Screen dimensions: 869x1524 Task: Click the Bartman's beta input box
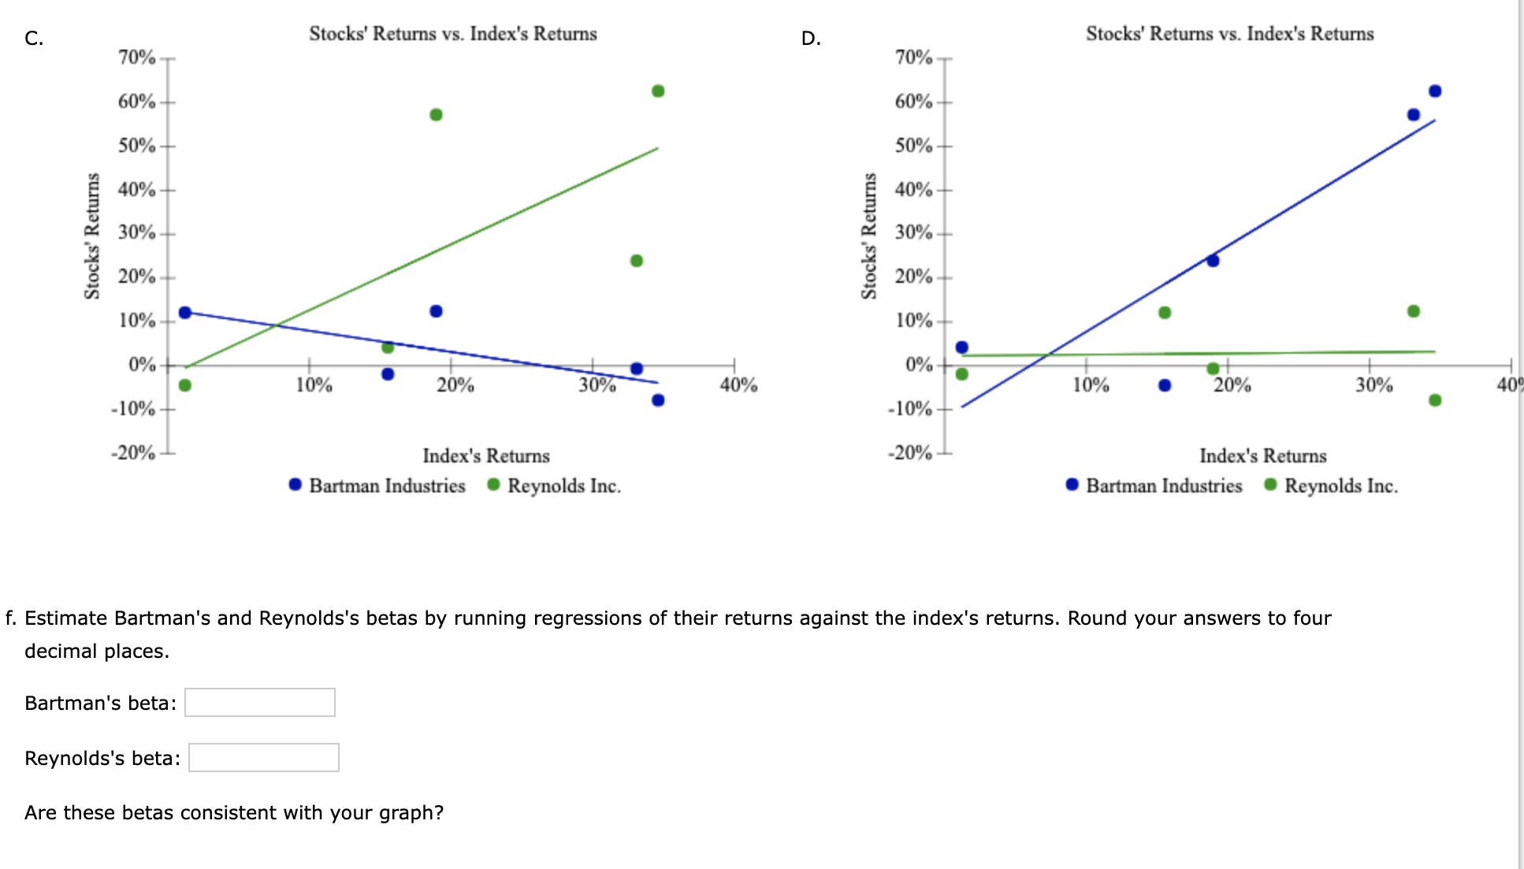coord(259,702)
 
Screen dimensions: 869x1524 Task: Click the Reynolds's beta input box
coord(263,757)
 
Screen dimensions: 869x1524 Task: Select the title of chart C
coord(452,34)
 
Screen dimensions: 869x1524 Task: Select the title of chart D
coord(1229,34)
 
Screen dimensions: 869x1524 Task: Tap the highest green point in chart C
coord(658,91)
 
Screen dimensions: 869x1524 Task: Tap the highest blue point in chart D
coord(1435,91)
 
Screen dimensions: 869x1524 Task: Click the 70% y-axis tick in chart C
coord(137,58)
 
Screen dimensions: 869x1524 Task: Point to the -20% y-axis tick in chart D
coord(910,453)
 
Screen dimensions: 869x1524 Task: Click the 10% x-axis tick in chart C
coord(314,385)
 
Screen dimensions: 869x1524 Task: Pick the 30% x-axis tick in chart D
coord(1373,385)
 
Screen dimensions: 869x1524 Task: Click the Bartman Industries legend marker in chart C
coord(296,485)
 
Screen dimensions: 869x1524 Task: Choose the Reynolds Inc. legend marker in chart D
coord(1270,485)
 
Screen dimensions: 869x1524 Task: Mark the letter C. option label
coord(34,39)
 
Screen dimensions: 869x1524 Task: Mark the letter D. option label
coord(811,39)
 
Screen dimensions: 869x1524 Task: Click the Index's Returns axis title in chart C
coord(485,456)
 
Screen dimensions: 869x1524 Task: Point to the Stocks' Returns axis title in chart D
coord(869,236)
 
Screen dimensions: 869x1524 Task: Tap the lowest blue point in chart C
coord(658,400)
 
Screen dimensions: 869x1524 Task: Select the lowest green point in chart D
coord(1435,400)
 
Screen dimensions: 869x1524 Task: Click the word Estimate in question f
coord(66,618)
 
